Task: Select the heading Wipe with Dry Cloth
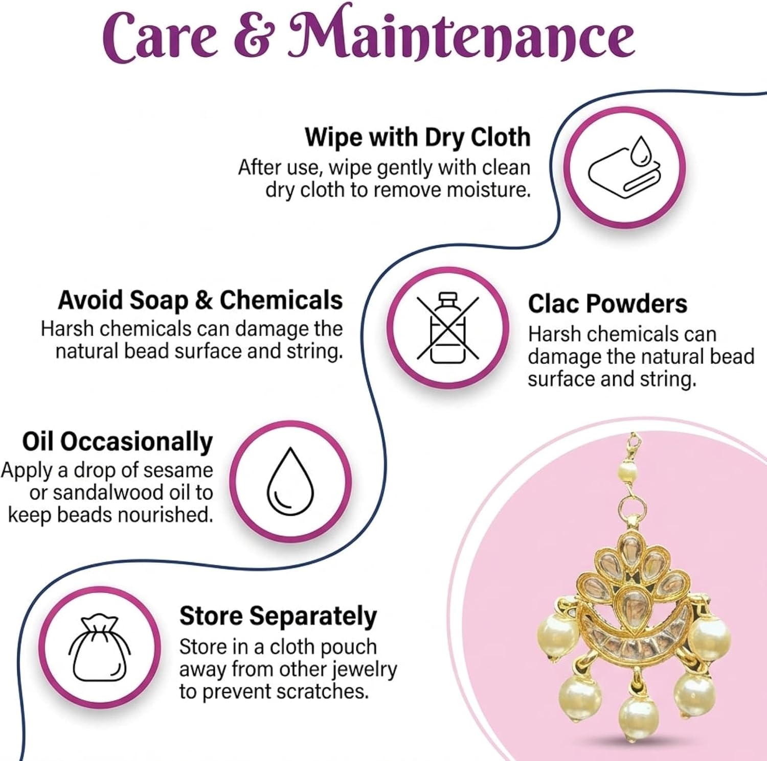(x=418, y=137)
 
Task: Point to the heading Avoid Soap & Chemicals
(x=200, y=300)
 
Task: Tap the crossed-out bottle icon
(x=448, y=327)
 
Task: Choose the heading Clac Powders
(x=607, y=303)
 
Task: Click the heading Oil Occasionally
(x=117, y=442)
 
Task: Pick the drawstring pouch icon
(x=99, y=649)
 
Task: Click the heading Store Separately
(x=278, y=616)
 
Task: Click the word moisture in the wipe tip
(x=488, y=189)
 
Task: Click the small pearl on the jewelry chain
(x=627, y=470)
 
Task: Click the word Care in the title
(x=160, y=37)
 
